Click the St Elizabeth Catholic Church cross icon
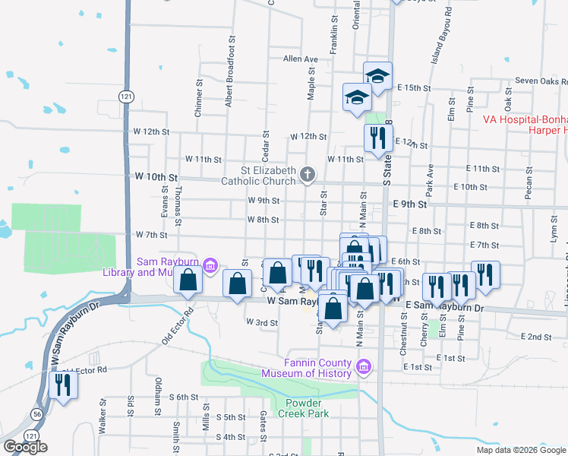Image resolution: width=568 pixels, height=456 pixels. [308, 176]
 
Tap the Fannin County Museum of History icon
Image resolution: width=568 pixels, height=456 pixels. [363, 368]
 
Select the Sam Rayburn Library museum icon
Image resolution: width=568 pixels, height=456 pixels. [212, 266]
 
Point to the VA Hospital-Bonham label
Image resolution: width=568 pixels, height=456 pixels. [525, 119]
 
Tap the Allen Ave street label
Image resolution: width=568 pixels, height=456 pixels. [300, 59]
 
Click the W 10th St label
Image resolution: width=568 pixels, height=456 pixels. [156, 176]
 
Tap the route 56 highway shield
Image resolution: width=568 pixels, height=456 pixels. [37, 413]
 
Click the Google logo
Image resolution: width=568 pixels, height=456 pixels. [25, 446]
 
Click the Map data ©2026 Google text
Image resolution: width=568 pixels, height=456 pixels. [521, 450]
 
